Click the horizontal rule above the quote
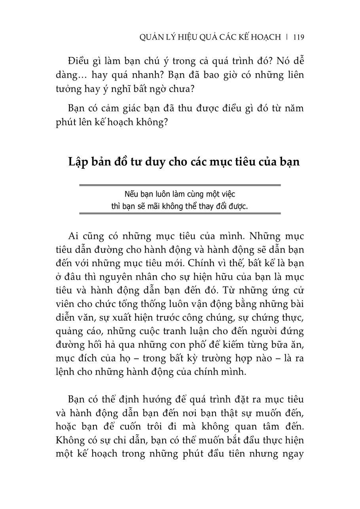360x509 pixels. pyautogui.click(x=180, y=185)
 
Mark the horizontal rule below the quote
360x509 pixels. pyautogui.click(x=180, y=214)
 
